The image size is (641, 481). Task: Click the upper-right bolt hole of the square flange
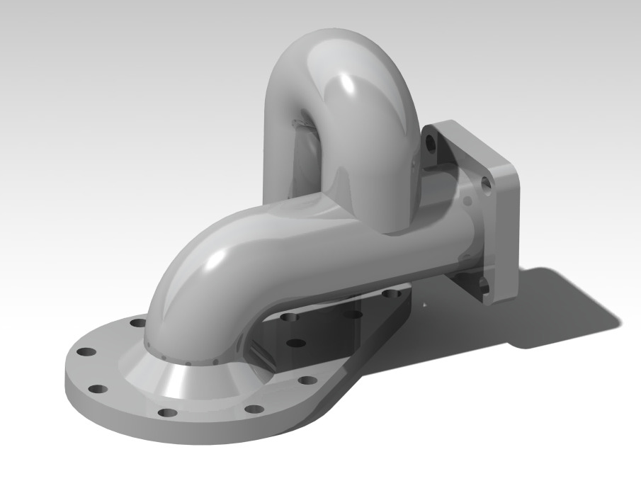[486, 186]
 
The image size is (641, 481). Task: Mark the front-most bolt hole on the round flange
[167, 413]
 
